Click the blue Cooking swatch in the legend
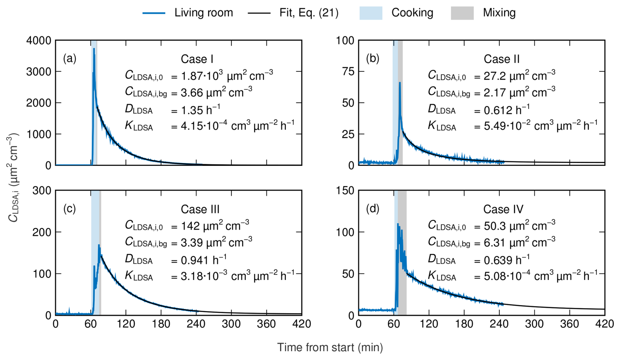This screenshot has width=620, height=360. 371,13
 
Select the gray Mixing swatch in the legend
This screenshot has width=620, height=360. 462,13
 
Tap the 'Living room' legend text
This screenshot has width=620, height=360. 203,13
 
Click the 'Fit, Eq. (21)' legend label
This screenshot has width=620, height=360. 309,13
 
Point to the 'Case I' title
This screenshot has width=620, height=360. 197,59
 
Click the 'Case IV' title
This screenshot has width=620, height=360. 503,209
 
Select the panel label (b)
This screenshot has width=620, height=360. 373,58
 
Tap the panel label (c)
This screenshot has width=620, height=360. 69,209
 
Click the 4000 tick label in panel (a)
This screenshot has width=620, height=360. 39,41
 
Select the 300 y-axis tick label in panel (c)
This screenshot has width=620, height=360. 42,190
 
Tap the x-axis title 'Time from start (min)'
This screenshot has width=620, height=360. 330,347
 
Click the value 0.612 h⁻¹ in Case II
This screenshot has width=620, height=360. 506,110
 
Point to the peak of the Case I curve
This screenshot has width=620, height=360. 94,49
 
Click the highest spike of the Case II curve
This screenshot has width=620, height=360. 400,83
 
